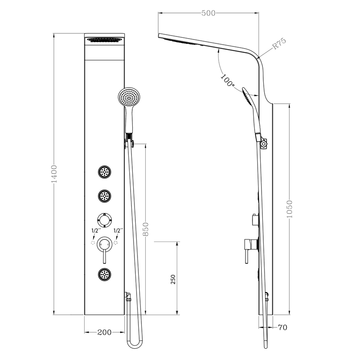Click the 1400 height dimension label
(x=54, y=174)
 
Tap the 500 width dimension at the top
(x=209, y=13)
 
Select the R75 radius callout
(x=279, y=44)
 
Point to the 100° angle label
(x=228, y=80)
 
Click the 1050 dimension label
(x=289, y=209)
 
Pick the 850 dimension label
(x=146, y=229)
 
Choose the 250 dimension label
(x=173, y=279)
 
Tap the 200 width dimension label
(x=105, y=332)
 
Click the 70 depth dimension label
(x=282, y=327)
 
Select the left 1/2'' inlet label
(x=95, y=230)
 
